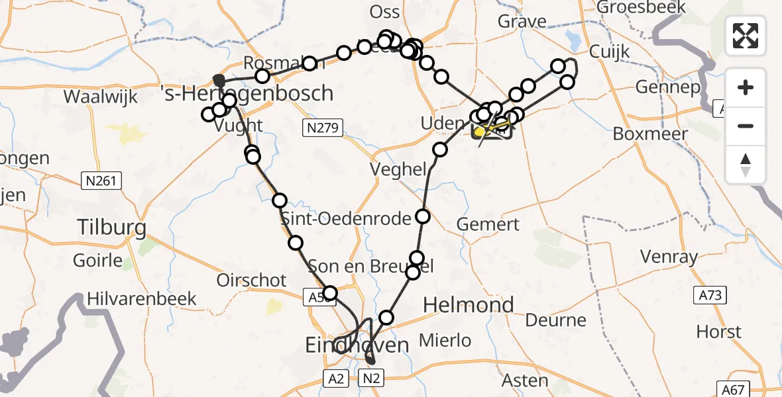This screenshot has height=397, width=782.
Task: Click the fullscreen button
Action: coord(746,35)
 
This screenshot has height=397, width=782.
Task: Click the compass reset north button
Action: coord(746,165)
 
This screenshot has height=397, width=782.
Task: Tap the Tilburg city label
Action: coord(111,228)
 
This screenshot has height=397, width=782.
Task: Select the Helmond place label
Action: coord(468,305)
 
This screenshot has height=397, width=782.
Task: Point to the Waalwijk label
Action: coord(100,97)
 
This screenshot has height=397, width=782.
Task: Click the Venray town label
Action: coord(669,257)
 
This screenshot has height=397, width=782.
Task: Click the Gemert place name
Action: coord(488,225)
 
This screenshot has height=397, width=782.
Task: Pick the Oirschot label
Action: coord(251,281)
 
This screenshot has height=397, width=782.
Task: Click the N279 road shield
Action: coord(323,128)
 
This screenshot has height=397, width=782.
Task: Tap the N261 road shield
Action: coord(101,180)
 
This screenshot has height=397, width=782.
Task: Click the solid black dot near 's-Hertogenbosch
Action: coord(219,81)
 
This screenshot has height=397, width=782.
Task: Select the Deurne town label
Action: coord(555,321)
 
